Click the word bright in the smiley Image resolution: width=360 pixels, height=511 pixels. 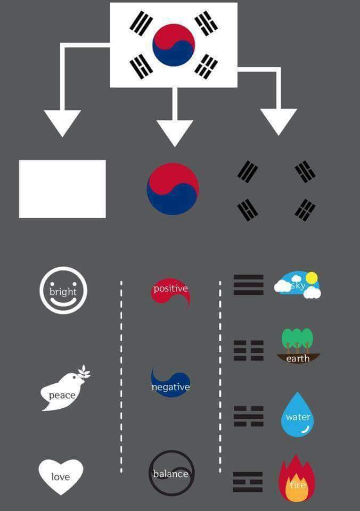[x=63, y=291]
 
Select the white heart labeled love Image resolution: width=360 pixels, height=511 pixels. [x=61, y=476]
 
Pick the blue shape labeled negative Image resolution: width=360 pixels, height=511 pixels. [x=170, y=384]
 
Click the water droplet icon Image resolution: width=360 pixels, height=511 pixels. [x=297, y=416]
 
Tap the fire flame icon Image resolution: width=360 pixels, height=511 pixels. [x=297, y=479]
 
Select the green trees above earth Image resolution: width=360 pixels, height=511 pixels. [x=297, y=340]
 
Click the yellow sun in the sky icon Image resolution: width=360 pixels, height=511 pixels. [x=312, y=277]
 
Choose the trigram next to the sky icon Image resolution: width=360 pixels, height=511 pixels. [x=249, y=285]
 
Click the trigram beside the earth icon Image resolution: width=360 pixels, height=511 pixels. [x=249, y=350]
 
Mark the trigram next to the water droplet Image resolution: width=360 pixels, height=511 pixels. [x=249, y=416]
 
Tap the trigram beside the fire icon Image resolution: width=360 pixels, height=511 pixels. [x=248, y=482]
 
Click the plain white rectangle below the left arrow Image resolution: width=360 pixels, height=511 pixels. [x=62, y=188]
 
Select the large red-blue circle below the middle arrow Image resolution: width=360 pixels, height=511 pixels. [x=173, y=188]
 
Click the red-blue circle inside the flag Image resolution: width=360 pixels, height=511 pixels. [x=174, y=45]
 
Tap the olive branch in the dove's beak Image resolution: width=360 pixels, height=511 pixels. [x=84, y=373]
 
